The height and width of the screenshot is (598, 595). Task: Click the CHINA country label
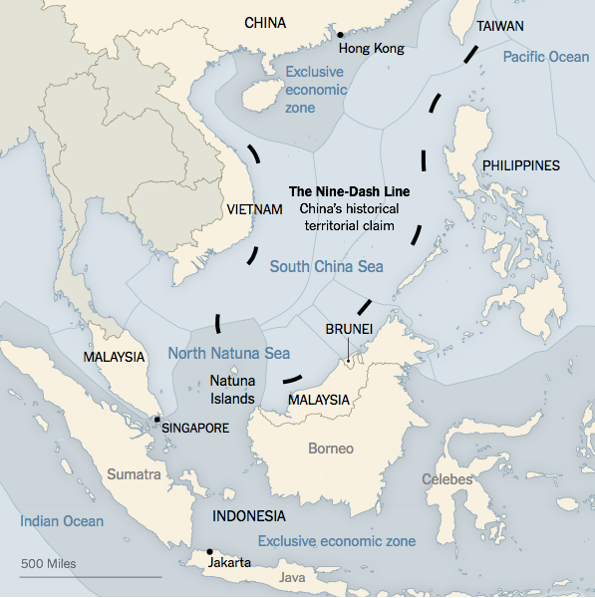[x=264, y=22]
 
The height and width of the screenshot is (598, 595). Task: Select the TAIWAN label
[x=500, y=25]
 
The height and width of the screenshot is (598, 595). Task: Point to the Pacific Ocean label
[x=545, y=57]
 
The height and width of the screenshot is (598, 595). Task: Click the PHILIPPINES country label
[x=520, y=165]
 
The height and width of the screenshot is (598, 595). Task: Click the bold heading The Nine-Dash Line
[x=349, y=190]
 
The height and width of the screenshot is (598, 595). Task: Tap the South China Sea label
[x=326, y=266]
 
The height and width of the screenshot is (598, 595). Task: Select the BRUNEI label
[x=349, y=328]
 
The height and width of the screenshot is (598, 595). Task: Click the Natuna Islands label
[x=231, y=389]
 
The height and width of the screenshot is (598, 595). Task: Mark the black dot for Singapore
[x=156, y=420]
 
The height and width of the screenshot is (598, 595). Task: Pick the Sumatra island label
[x=134, y=474]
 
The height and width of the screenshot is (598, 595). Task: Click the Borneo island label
[x=330, y=448]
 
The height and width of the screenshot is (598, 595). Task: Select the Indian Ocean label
[x=61, y=521]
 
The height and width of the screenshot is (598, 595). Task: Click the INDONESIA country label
[x=248, y=516]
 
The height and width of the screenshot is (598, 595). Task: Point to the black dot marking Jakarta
[x=209, y=551]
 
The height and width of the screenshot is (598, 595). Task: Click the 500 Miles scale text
[x=48, y=563]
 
